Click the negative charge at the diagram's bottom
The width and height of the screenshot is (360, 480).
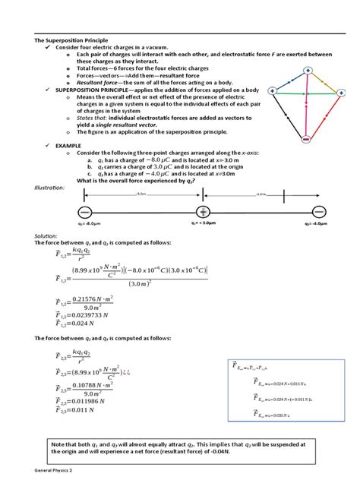(x=306, y=140)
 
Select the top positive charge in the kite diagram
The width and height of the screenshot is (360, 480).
(x=308, y=71)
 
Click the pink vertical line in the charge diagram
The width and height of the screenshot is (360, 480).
(x=308, y=114)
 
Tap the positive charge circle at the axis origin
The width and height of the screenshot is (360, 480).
(x=204, y=211)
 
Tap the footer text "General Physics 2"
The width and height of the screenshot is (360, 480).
(x=53, y=472)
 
